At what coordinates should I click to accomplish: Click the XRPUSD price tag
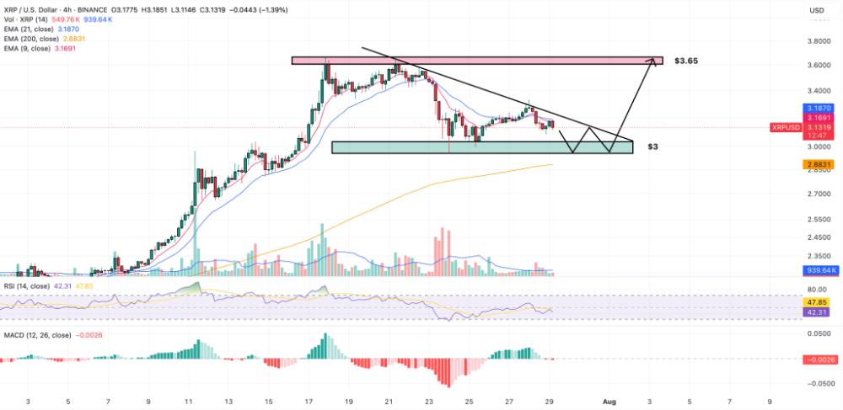tap(787, 127)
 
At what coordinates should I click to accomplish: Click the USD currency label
tap(816, 11)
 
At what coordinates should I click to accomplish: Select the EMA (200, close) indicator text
tap(42, 37)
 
